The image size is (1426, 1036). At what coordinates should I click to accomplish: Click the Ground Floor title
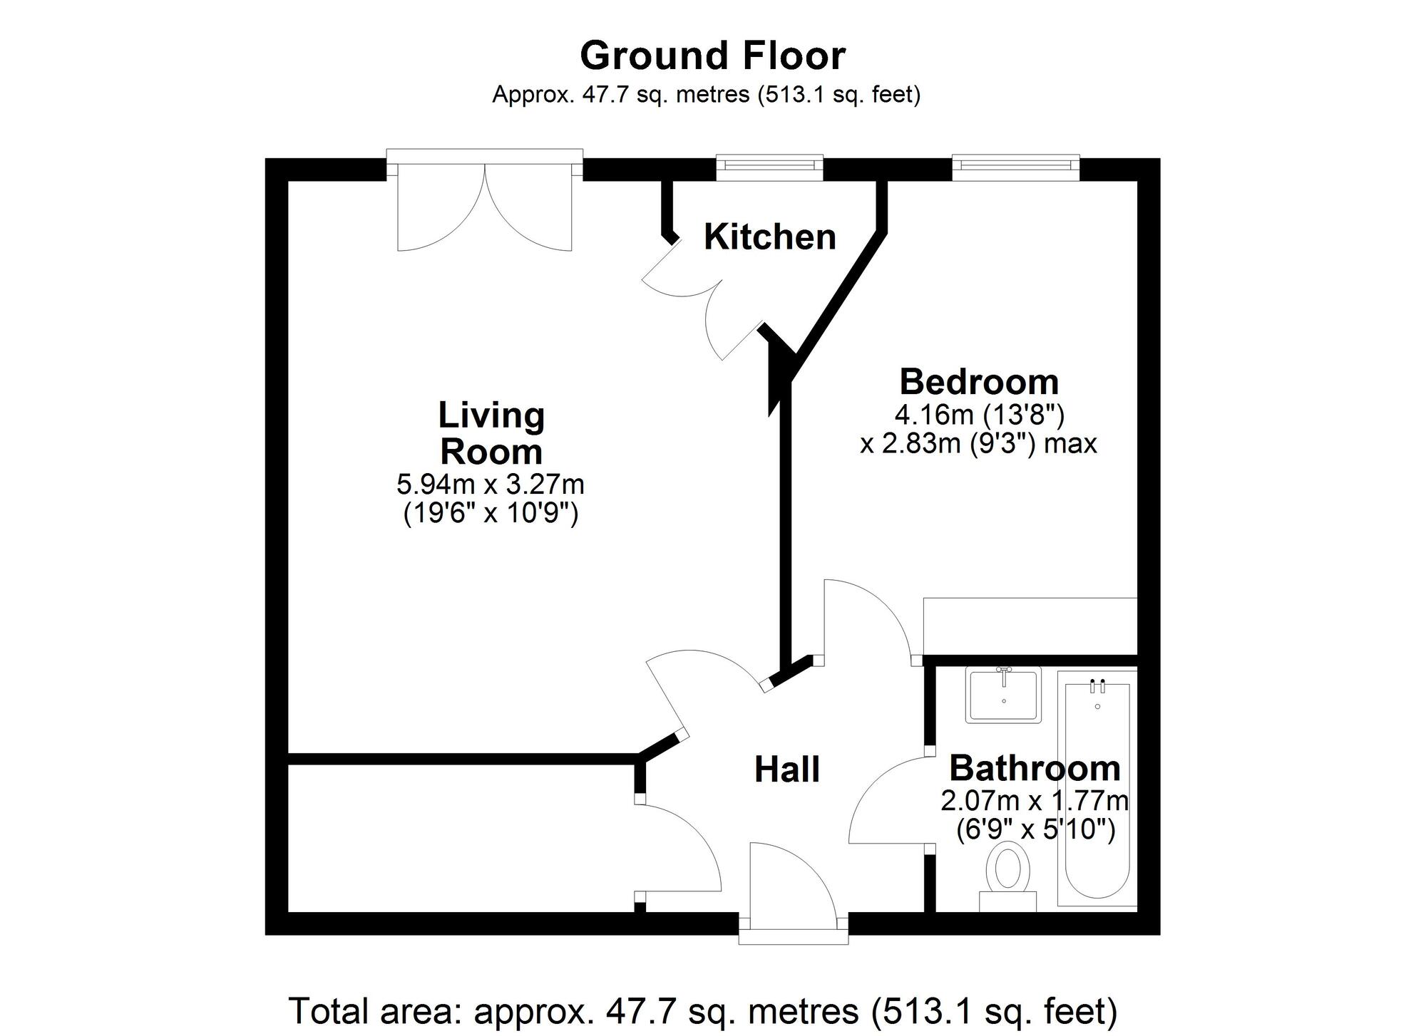[x=712, y=56]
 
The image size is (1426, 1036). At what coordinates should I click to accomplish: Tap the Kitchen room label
[x=769, y=237]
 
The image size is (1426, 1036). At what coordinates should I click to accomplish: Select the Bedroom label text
[x=978, y=382]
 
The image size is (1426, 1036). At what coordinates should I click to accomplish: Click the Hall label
[x=786, y=770]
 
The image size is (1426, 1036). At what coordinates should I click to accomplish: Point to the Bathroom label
[x=1035, y=768]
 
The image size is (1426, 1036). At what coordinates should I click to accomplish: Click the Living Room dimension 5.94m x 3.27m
[x=491, y=485]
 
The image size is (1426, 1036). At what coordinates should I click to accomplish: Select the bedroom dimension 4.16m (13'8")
[x=979, y=413]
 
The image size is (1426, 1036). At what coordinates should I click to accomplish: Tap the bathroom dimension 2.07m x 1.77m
[x=1035, y=801]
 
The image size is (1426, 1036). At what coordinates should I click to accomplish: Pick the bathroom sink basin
[x=1003, y=695]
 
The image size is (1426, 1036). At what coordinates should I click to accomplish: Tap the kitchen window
[x=769, y=165]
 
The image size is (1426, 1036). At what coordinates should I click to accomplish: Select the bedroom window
[x=1015, y=165]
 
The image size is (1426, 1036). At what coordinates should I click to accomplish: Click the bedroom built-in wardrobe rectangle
[x=1029, y=626]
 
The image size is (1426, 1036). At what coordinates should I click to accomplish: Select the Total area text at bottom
[x=702, y=1010]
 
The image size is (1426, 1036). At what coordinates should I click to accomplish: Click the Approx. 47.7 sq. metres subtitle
[x=706, y=94]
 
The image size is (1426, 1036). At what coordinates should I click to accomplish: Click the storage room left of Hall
[x=460, y=838]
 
